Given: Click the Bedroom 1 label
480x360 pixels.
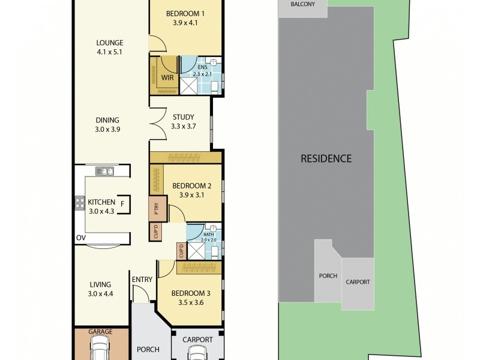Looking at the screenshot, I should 185,14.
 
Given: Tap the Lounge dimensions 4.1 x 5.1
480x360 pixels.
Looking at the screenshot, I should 110,52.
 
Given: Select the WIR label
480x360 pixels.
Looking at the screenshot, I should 167,77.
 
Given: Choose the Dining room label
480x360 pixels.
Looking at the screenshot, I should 107,119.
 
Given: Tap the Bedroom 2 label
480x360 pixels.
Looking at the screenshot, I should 185,185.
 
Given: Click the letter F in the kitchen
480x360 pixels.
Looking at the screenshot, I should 122,203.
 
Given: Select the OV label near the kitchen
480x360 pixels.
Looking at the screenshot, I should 80,238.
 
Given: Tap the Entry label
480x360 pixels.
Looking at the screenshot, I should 142,279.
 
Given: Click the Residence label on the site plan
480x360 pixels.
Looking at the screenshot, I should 326,159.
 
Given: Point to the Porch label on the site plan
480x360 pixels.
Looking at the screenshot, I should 328,277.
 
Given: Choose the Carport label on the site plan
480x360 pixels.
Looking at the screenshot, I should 358,282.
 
